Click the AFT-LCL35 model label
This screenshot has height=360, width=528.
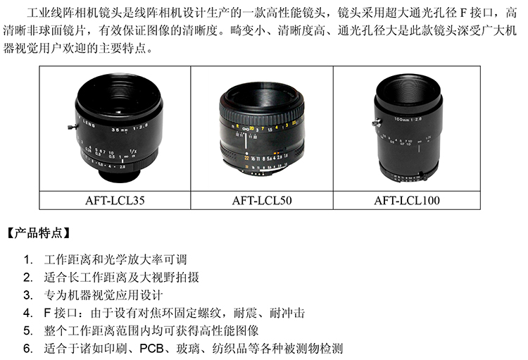115,201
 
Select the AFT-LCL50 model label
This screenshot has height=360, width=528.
262,201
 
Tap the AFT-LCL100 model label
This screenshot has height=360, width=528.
407,201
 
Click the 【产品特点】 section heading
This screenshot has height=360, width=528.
39,233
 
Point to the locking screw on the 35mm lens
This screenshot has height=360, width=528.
72,127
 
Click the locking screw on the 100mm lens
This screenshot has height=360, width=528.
376,122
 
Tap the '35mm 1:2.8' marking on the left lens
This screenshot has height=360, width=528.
130,128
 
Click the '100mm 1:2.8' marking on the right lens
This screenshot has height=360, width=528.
408,118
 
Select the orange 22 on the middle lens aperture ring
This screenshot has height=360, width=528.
247,158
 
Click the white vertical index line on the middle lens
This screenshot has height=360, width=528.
246,142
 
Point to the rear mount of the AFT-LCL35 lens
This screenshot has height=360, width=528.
119,175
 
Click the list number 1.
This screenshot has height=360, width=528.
28,260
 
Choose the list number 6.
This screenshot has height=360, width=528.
28,348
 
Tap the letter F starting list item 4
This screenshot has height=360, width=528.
47,313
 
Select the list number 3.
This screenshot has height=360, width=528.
28,295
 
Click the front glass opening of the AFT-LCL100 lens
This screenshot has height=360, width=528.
408,90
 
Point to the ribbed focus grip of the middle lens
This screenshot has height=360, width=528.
261,113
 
